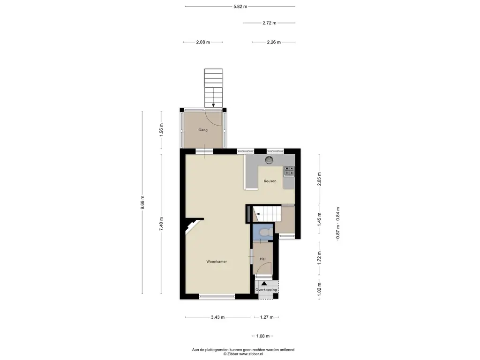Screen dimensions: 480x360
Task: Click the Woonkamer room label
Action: coord(217,262)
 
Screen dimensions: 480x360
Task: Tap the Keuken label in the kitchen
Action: coord(270,181)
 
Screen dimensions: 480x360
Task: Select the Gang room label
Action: coord(202,130)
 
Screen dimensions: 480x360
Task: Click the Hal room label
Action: coord(262,259)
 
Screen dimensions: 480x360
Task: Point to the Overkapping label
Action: coord(266,290)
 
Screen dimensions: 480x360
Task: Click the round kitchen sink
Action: coord(269,160)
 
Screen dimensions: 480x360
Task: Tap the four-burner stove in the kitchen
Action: coord(289,171)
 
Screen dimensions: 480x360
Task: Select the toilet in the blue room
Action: coord(263,232)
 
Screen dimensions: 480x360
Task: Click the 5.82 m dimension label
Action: coord(240,7)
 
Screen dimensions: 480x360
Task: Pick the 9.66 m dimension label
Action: coord(142,202)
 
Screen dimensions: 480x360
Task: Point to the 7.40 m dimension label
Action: coord(161,224)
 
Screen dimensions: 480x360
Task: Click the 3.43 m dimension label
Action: coord(217,317)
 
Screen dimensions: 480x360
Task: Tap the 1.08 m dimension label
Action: coord(262,336)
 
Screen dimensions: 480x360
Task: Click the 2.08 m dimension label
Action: coord(203,42)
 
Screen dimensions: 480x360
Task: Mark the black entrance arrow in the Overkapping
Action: coord(264,284)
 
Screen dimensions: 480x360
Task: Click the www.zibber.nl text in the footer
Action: coord(251,354)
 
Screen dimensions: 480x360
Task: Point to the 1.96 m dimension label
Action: coord(161,129)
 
